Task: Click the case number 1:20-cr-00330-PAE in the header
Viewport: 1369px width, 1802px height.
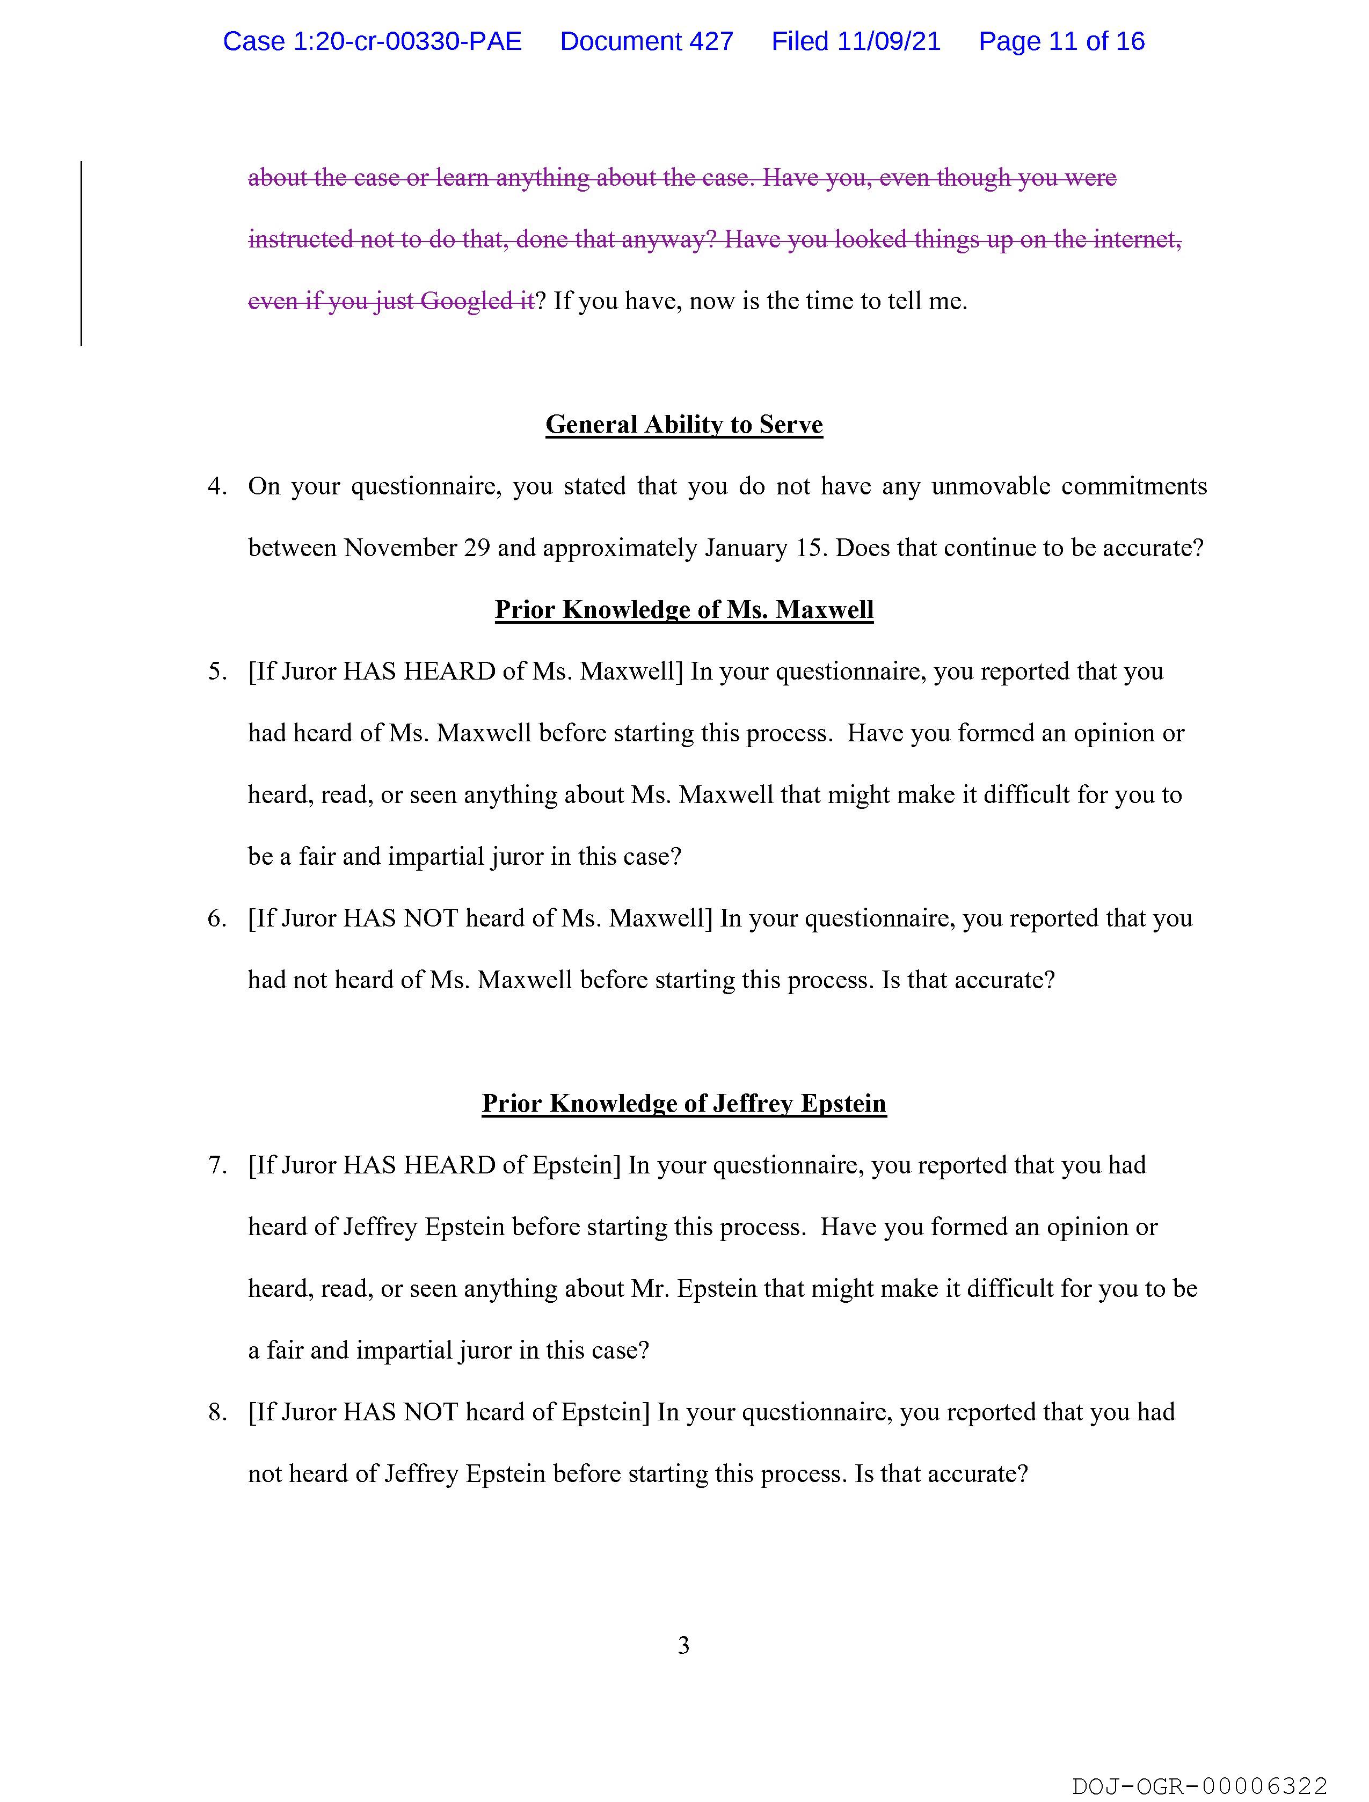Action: coord(373,41)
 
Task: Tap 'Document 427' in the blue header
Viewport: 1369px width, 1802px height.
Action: coord(646,41)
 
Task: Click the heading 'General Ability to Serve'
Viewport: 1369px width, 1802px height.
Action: coord(683,425)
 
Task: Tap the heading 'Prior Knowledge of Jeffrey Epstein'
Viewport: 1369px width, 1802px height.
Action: coord(683,1103)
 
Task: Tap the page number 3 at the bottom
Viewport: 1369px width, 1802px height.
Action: coord(683,1646)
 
